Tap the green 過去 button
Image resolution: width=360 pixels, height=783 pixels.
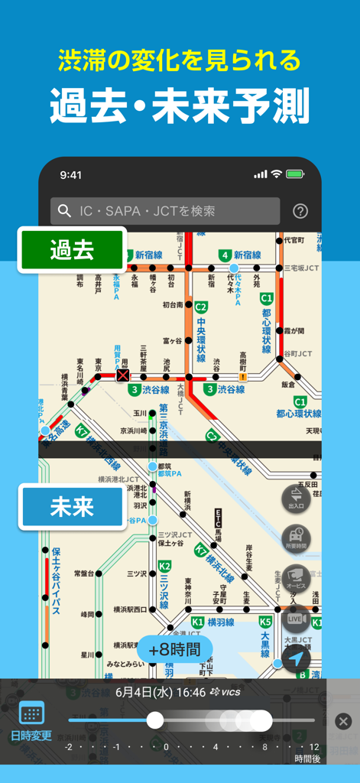tap(72, 250)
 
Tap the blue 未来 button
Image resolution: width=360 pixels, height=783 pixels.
tap(72, 507)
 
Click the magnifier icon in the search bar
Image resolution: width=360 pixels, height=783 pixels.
tap(65, 211)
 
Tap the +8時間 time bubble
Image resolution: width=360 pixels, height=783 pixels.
tap(174, 650)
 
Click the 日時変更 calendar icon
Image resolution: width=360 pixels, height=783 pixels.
tap(31, 713)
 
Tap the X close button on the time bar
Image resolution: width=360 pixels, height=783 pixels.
tap(343, 721)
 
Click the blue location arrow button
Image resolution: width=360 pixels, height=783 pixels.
tap(296, 658)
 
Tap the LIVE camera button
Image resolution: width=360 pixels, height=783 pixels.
tap(296, 618)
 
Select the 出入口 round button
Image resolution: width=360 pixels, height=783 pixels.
tap(296, 498)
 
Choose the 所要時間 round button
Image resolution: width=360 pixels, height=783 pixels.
tap(296, 538)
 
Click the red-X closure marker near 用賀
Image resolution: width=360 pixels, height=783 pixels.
tap(122, 376)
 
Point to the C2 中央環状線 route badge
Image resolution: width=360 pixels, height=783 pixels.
tap(201, 307)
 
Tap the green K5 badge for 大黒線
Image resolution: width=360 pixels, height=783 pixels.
tap(264, 622)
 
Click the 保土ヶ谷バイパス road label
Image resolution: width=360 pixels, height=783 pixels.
tap(56, 581)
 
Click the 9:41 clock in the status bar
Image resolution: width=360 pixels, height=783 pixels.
tap(71, 175)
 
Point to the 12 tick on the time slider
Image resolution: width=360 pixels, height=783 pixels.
tap(314, 746)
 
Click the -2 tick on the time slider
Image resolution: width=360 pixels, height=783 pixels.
tap(69, 746)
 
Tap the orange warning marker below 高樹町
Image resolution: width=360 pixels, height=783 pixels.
tap(243, 376)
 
